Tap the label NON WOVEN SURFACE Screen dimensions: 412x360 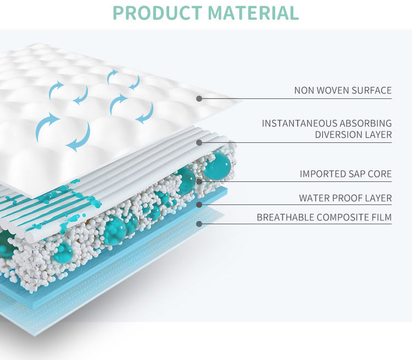(x=343, y=90)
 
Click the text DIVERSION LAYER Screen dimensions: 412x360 (x=353, y=134)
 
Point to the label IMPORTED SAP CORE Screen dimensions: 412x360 (x=346, y=174)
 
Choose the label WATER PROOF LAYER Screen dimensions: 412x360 (x=345, y=198)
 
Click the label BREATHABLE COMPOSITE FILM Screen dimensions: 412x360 (x=324, y=218)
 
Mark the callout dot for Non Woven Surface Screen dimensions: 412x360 (x=199, y=99)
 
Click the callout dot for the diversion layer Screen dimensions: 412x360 (x=199, y=143)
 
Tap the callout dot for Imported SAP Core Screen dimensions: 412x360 (x=199, y=182)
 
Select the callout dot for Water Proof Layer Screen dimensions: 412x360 (x=199, y=204)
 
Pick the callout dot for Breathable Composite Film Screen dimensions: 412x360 (x=199, y=224)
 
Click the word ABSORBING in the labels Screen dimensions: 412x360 (x=366, y=123)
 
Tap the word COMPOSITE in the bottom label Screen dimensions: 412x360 (x=345, y=218)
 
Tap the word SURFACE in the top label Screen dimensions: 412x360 (x=373, y=90)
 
